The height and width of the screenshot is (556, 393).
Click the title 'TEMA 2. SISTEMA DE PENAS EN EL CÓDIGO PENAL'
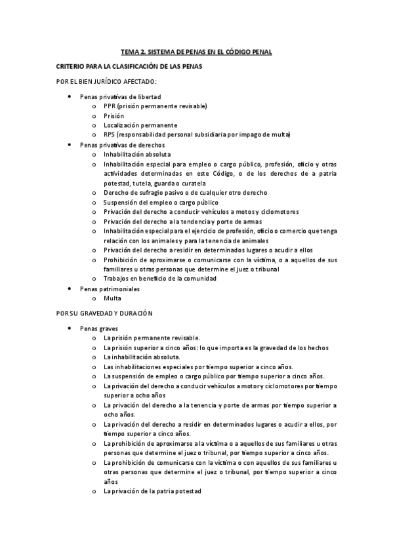click(196, 51)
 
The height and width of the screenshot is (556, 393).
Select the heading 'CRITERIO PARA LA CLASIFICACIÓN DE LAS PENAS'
click(129, 67)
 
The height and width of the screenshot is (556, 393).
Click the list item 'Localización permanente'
click(140, 125)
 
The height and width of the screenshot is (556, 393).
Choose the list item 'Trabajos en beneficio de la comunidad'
click(159, 279)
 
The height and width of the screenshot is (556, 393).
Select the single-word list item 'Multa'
click(112, 298)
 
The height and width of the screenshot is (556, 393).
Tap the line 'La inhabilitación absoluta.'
click(142, 357)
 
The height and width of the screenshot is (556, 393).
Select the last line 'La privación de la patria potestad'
click(152, 490)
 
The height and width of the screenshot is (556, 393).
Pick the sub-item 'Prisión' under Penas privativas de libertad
click(114, 115)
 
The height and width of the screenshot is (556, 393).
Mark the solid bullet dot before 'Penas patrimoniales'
click(70, 288)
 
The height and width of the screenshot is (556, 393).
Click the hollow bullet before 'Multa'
click(94, 298)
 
